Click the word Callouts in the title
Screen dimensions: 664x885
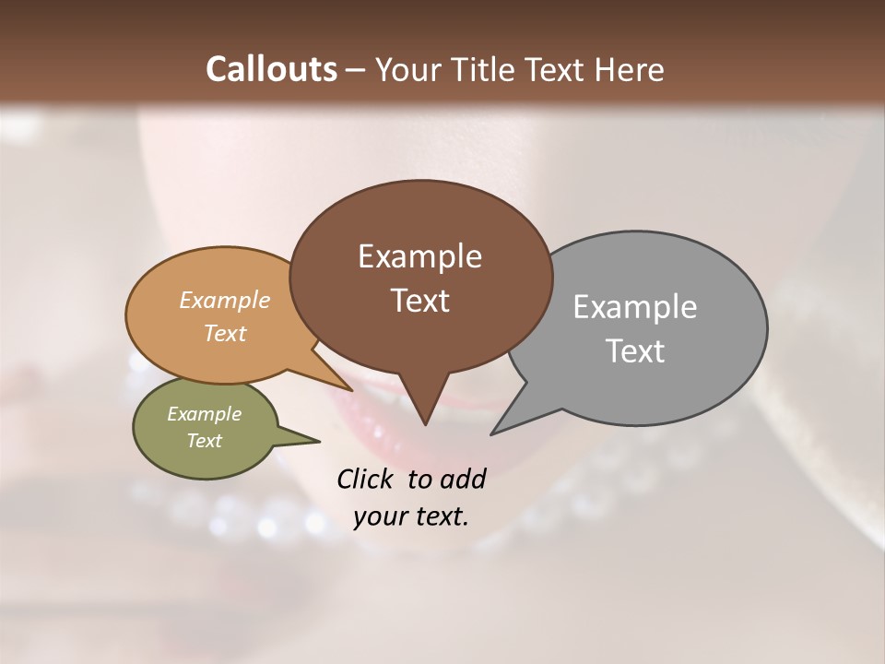(x=271, y=69)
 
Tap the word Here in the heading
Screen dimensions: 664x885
(x=629, y=69)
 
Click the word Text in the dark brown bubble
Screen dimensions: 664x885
(x=419, y=300)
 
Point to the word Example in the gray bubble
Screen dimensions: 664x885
(x=634, y=306)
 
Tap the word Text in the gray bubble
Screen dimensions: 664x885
(x=634, y=350)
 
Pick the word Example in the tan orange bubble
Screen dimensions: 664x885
(x=225, y=300)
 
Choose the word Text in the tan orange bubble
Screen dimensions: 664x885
(x=225, y=333)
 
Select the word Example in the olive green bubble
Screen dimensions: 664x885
(x=204, y=414)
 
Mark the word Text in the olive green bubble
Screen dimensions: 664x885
(x=204, y=441)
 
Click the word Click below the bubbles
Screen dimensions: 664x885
(x=366, y=479)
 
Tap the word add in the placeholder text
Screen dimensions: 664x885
(x=463, y=479)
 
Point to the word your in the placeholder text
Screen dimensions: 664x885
(x=379, y=516)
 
